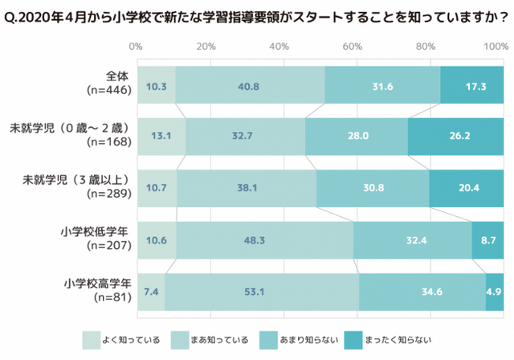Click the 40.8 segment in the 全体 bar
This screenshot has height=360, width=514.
click(x=250, y=86)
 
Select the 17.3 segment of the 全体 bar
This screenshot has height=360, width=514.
click(x=472, y=86)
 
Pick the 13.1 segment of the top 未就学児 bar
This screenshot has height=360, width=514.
click(x=161, y=136)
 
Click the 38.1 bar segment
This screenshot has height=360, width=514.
click(x=246, y=187)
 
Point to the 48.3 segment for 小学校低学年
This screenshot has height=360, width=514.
click(x=264, y=239)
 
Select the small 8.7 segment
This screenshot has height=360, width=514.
click(x=487, y=239)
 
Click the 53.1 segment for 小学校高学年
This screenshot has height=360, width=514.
click(x=262, y=292)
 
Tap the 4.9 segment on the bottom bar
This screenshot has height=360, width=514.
click(x=495, y=292)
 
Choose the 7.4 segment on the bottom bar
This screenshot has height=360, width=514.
click(x=151, y=292)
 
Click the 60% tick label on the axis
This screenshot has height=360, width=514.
click(x=354, y=47)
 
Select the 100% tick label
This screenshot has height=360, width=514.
click(x=494, y=47)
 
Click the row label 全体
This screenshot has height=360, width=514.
click(x=117, y=76)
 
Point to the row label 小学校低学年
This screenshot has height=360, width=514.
click(x=96, y=231)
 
